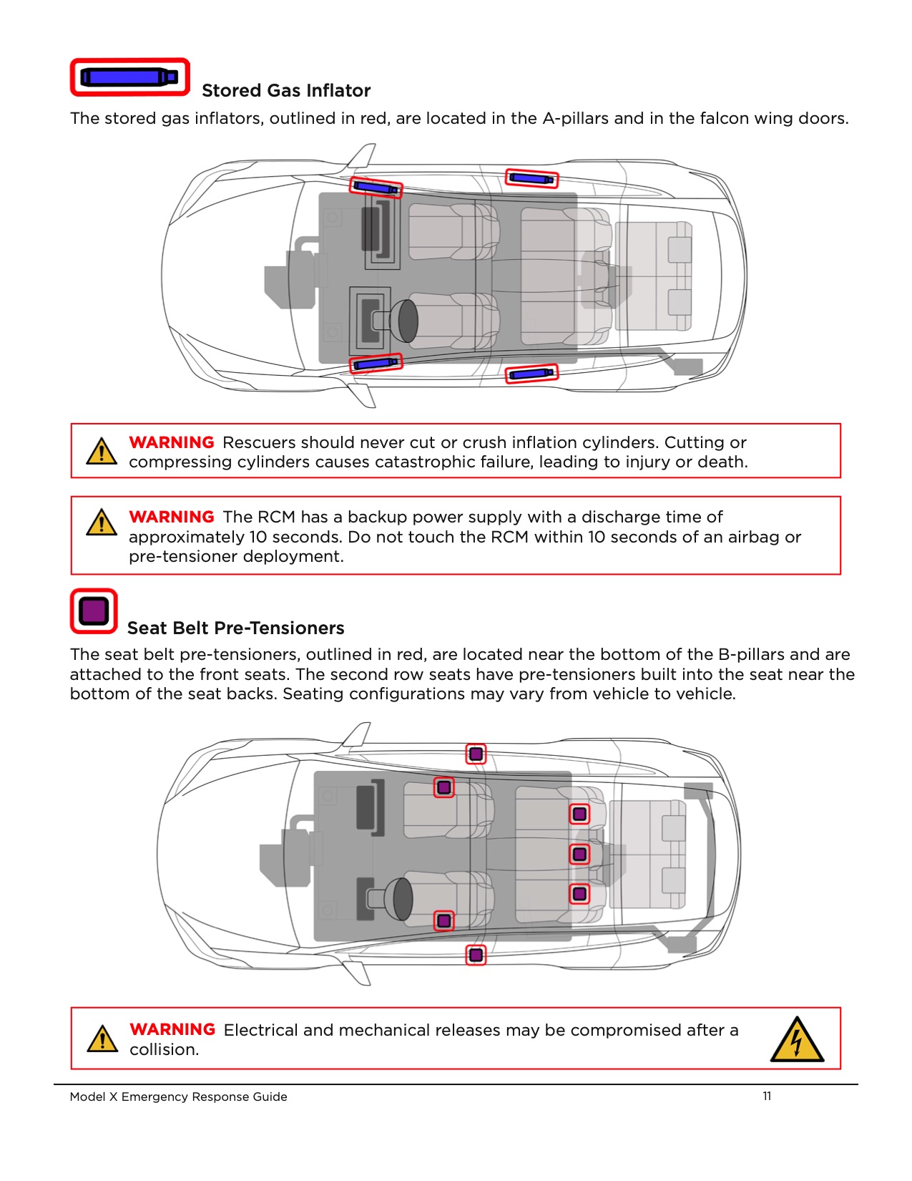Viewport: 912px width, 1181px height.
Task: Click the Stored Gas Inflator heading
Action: [x=286, y=91]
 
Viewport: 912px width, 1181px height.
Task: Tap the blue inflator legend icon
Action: [x=129, y=77]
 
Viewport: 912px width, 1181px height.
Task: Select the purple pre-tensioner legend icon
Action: [x=94, y=611]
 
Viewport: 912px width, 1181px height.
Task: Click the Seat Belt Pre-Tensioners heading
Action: [x=235, y=628]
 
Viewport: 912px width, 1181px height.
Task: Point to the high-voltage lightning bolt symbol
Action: [x=797, y=1040]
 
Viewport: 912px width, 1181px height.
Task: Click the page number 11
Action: [x=767, y=1096]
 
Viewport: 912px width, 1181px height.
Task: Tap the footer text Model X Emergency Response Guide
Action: [x=178, y=1097]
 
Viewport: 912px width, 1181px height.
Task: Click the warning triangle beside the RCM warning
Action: [x=102, y=523]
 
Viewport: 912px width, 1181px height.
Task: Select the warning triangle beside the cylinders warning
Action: [x=102, y=452]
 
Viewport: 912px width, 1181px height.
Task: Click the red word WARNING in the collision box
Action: [x=172, y=1029]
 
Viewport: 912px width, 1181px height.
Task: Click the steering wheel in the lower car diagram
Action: [x=403, y=899]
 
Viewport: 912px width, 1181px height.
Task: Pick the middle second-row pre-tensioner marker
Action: [x=579, y=854]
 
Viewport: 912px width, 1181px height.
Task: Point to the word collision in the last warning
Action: [x=163, y=1049]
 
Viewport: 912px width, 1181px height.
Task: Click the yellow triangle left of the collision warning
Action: [x=102, y=1039]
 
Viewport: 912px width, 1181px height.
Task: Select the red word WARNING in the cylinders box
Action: [x=172, y=442]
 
